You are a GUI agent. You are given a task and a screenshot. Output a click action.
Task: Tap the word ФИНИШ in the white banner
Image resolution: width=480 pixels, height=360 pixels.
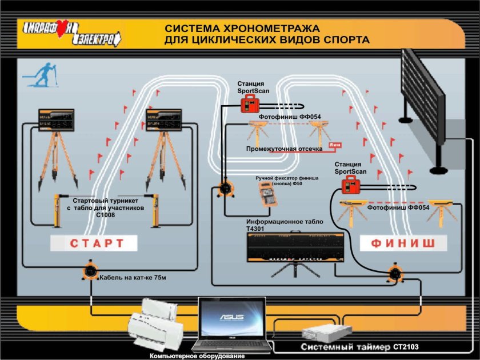click(403, 243)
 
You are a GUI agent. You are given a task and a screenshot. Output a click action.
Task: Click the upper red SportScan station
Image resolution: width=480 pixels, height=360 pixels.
click(249, 103)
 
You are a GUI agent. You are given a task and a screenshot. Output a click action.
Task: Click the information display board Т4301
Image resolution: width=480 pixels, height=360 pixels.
click(295, 247)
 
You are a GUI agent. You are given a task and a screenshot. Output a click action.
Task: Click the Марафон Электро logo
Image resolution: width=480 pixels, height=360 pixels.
click(72, 34)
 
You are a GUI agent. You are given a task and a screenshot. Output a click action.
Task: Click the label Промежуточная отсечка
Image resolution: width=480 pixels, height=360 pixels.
click(284, 149)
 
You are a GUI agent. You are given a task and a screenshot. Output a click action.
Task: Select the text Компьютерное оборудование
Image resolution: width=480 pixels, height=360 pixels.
click(197, 356)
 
